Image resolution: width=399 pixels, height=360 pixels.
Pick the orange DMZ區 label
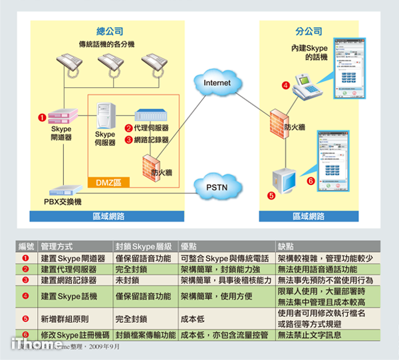tap(109, 181)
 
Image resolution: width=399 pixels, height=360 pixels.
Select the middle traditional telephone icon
tap(109, 65)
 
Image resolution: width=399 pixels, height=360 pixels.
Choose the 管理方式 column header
tap(58, 245)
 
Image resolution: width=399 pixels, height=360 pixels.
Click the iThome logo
tap(29, 345)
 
